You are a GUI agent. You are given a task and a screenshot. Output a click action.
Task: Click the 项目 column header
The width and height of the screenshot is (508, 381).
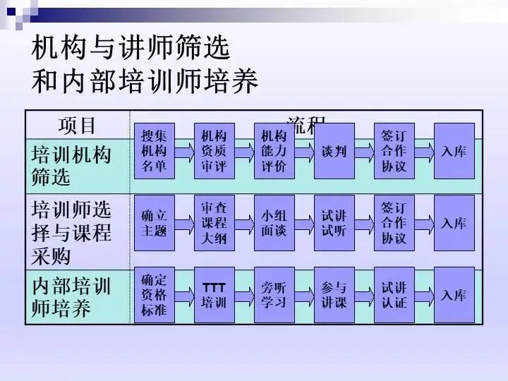coord(77,126)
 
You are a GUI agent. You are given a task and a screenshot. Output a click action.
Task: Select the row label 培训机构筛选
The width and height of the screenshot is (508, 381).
coord(71,166)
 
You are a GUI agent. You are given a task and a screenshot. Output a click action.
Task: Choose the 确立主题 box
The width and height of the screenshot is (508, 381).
coord(154,223)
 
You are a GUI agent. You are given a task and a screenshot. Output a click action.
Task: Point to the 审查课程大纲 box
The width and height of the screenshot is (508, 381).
coord(214,223)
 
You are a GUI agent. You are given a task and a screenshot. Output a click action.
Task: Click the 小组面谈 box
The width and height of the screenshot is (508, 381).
coord(274,223)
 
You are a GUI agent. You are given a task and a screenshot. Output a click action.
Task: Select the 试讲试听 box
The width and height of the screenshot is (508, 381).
coord(334,223)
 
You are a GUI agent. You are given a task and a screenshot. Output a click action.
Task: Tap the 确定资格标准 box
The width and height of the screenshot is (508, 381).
coord(154,295)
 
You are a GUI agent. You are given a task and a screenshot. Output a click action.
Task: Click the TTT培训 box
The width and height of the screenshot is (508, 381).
coord(214,295)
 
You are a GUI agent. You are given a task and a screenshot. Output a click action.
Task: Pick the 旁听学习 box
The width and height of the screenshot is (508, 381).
coord(274,295)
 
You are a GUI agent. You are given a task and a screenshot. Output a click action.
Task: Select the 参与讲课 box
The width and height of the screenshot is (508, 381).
coord(334,295)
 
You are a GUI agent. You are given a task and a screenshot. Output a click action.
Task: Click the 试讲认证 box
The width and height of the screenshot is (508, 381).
coord(394,295)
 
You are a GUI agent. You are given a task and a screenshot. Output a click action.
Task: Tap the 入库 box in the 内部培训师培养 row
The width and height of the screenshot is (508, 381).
coord(454,295)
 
